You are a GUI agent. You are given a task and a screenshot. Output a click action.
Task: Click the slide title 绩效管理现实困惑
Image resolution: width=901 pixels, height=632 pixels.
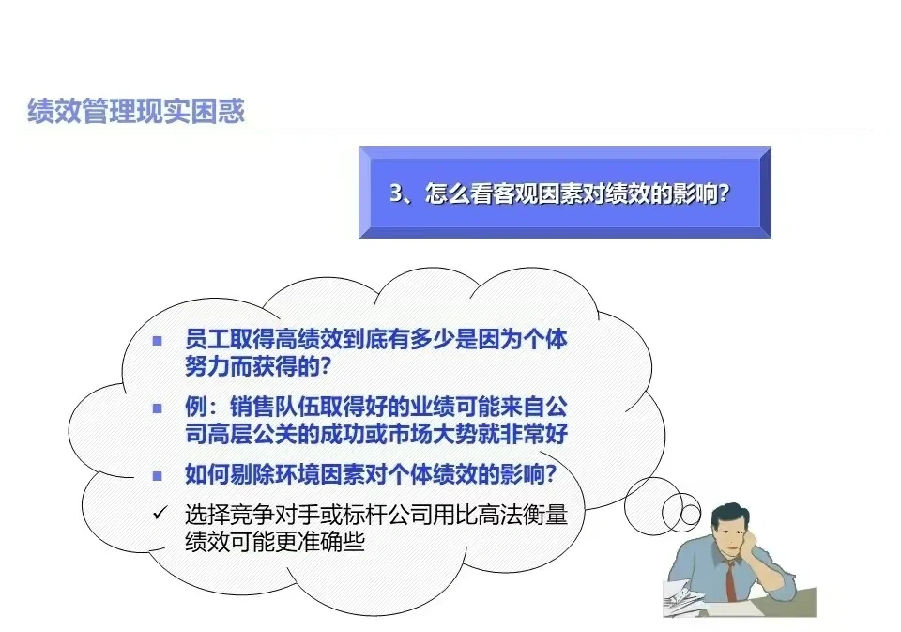(137, 111)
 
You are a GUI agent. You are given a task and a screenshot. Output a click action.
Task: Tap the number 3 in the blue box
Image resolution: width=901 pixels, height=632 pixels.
(395, 193)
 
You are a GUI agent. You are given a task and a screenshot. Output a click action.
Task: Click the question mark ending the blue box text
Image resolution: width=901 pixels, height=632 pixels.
(724, 193)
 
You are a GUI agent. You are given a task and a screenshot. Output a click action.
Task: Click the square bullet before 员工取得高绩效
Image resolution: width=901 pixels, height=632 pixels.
(159, 340)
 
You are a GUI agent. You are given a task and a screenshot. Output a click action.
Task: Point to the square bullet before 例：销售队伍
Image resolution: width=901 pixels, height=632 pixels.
(159, 408)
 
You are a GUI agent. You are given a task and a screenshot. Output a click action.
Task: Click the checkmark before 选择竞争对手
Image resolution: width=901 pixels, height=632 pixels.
(159, 515)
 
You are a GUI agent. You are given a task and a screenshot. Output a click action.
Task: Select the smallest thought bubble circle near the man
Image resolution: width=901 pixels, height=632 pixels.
(692, 514)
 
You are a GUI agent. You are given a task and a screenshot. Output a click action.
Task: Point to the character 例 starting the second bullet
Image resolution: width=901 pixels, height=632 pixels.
(195, 408)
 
